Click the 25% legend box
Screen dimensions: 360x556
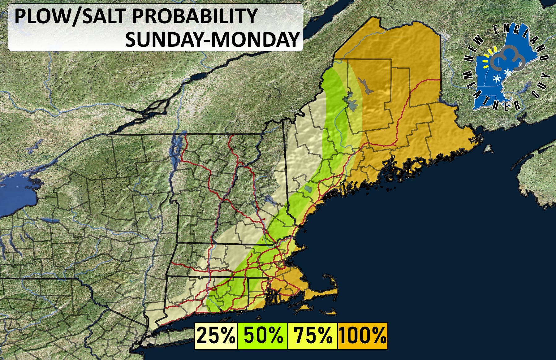coord(216,336)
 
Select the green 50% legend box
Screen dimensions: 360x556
coord(263,336)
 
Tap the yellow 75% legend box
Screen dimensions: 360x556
coord(312,336)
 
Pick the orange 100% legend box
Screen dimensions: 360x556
coord(362,336)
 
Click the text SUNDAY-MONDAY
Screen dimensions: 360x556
coord(212,40)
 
